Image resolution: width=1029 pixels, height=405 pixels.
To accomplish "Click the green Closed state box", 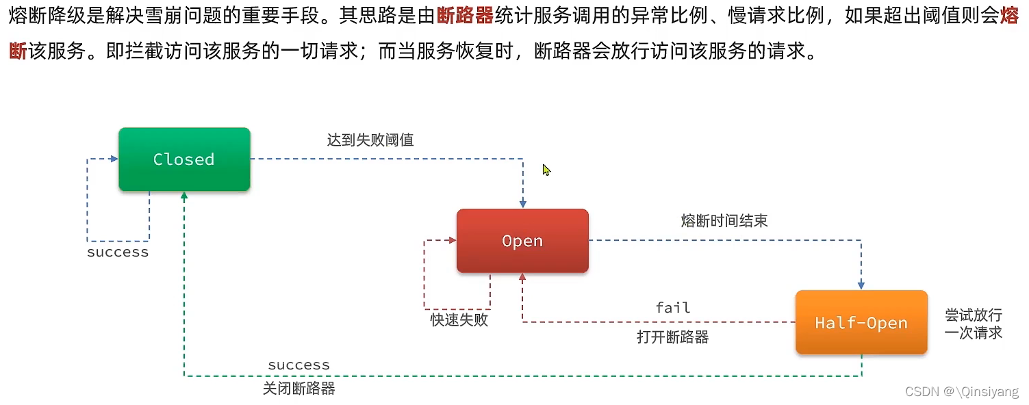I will click(184, 159).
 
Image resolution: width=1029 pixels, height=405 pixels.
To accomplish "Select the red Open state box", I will click(522, 241).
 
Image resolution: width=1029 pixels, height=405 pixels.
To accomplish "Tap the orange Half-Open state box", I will click(861, 323).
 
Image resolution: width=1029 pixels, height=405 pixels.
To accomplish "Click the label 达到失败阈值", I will click(370, 140).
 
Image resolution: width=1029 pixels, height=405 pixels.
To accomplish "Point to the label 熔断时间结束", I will click(724, 220).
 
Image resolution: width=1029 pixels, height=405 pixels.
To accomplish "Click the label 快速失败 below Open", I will click(459, 319).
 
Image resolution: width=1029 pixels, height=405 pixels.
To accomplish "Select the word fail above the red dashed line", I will click(672, 308).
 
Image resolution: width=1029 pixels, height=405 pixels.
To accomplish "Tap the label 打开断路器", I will click(672, 337).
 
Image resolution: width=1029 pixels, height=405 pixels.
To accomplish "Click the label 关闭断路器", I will click(298, 389).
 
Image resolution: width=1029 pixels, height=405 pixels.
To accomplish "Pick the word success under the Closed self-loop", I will click(118, 252).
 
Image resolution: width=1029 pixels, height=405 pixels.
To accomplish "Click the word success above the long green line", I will click(298, 365).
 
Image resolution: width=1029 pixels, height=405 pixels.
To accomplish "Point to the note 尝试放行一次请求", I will click(973, 324).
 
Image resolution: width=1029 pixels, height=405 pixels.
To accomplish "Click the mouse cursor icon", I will click(546, 170).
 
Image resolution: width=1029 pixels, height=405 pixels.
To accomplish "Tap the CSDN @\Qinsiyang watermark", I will click(961, 391).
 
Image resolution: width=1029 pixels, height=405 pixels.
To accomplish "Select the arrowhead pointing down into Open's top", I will click(523, 204).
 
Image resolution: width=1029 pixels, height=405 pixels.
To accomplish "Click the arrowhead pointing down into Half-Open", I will click(861, 285).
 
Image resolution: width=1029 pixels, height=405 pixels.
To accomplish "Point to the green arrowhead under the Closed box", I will click(184, 196).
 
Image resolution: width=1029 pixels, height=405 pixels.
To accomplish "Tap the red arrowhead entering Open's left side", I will click(452, 240).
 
